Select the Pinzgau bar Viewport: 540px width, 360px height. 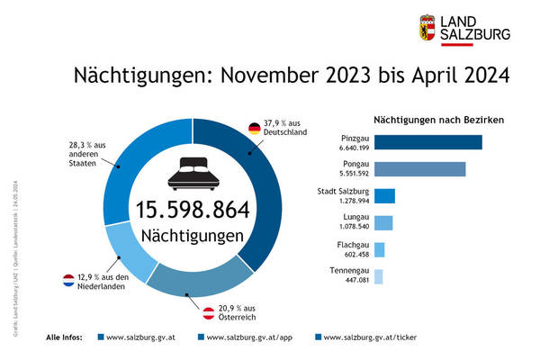click(427, 142)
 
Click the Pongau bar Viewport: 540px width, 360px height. click(419, 169)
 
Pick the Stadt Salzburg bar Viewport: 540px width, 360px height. click(384, 196)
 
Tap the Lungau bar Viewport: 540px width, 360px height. click(383, 223)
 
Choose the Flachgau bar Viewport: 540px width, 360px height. click(379, 249)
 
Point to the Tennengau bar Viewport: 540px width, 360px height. click(378, 276)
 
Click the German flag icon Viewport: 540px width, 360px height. click(255, 128)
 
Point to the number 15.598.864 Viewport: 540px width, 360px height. click(193, 209)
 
